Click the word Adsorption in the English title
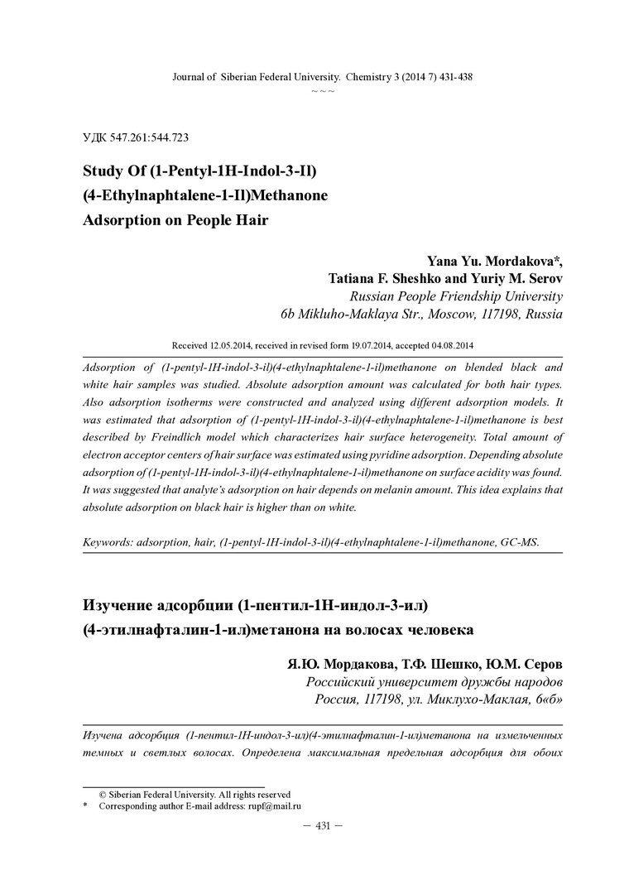[119, 221]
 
